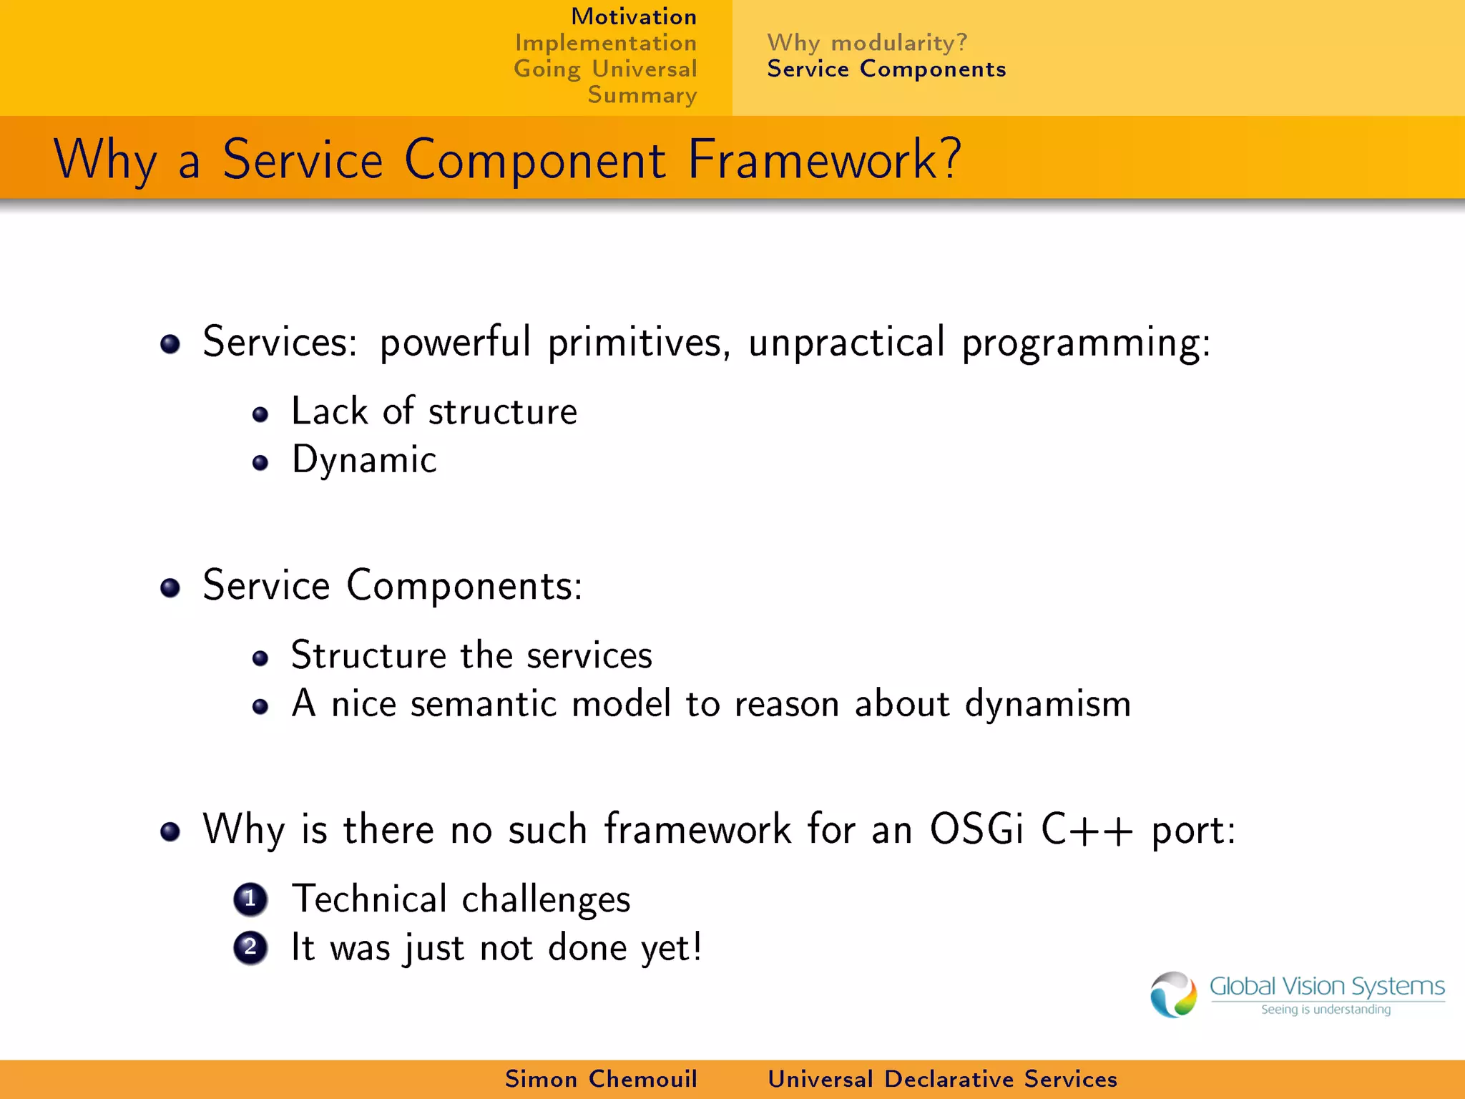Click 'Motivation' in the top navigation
633,16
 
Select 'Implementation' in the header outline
605,43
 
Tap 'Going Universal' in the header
605,69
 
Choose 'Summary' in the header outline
642,95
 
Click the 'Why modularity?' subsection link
867,43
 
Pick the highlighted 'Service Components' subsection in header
886,69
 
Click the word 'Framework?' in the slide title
824,160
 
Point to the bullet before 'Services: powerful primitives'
170,344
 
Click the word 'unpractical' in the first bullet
846,342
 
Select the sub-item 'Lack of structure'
433,411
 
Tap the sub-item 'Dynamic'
364,460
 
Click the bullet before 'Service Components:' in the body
170,588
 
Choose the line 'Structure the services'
471,655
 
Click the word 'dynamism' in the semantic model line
1048,704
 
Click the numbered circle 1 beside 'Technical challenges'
250,899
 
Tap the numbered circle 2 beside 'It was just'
250,948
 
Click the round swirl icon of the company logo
1173,995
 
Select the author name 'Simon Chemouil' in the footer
601,1079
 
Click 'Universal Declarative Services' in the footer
942,1079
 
